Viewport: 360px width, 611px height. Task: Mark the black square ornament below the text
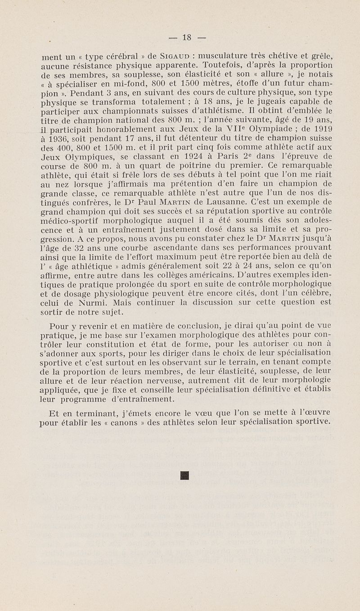click(184, 475)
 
